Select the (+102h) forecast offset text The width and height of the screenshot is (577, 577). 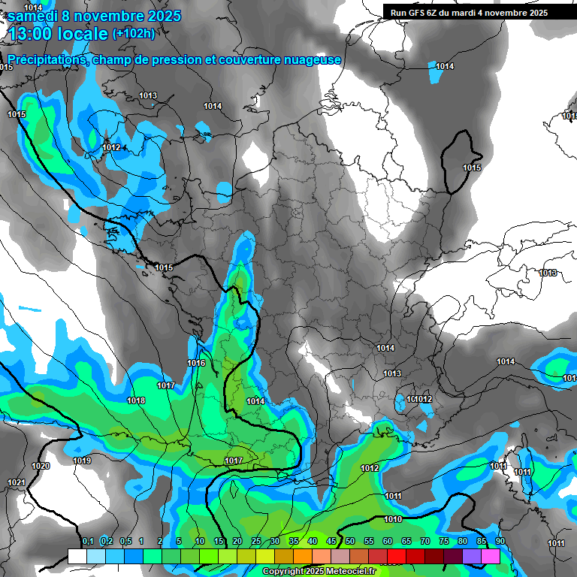pyautogui.click(x=133, y=34)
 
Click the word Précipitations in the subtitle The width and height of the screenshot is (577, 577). pyautogui.click(x=46, y=60)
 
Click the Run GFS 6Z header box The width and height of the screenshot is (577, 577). pyautogui.click(x=469, y=12)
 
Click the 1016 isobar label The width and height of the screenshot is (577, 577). pyautogui.click(x=196, y=364)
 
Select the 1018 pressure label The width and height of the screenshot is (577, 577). pyautogui.click(x=136, y=401)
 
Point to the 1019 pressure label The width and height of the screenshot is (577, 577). pyautogui.click(x=82, y=461)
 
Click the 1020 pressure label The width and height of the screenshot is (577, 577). pyautogui.click(x=41, y=467)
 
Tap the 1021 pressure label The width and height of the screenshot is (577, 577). pyautogui.click(x=16, y=482)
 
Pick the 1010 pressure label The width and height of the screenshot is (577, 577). pyautogui.click(x=392, y=519)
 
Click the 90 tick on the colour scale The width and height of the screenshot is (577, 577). pyautogui.click(x=500, y=542)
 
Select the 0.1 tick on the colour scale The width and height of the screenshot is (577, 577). pyautogui.click(x=87, y=542)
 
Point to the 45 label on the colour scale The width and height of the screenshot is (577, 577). pyautogui.click(x=331, y=542)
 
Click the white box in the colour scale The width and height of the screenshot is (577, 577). pyautogui.click(x=77, y=556)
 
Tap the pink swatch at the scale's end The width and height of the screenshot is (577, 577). pyautogui.click(x=491, y=556)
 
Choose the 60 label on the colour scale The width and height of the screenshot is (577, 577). pyautogui.click(x=388, y=542)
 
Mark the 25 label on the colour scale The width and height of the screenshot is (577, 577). pyautogui.click(x=256, y=542)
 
